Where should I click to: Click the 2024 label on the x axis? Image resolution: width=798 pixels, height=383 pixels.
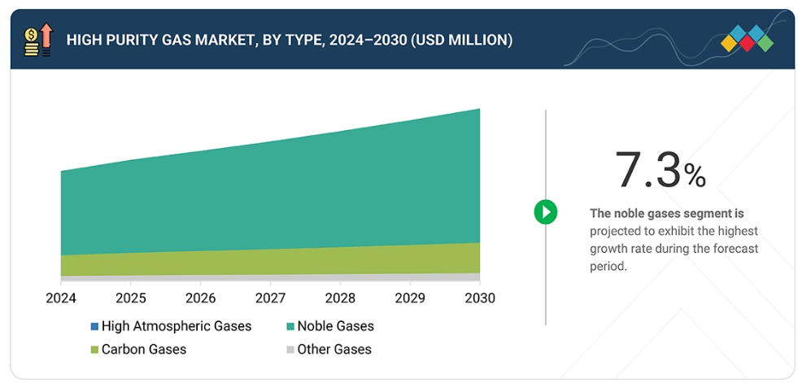tap(60, 298)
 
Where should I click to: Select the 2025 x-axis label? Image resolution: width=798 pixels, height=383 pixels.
tap(130, 298)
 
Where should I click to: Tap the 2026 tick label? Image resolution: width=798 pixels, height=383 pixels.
tap(200, 298)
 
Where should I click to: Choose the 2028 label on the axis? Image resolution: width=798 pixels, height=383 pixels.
tap(339, 298)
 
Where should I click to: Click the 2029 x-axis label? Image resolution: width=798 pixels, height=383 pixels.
tap(409, 298)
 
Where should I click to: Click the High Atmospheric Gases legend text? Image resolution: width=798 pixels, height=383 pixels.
tap(177, 326)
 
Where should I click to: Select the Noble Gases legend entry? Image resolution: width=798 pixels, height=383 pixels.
tap(335, 326)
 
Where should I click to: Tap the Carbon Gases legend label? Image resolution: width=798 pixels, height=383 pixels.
tap(144, 350)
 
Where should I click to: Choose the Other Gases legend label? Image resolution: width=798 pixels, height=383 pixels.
tap(334, 350)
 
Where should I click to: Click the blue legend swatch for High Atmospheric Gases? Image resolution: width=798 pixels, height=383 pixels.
tap(94, 327)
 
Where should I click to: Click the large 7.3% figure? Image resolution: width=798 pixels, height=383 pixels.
tap(660, 170)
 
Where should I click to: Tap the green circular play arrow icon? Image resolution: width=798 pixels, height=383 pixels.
tap(545, 213)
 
